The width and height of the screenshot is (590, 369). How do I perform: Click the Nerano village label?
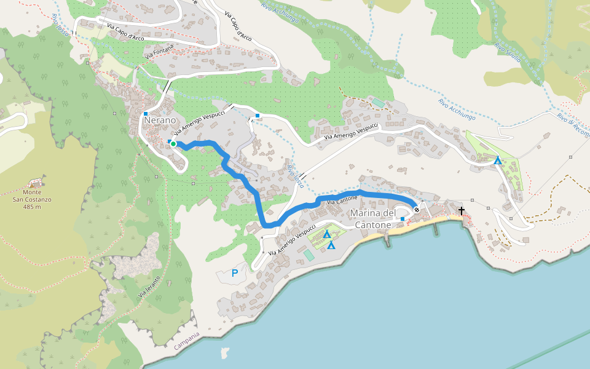tap(160, 121)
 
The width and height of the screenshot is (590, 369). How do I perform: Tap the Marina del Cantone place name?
tap(373, 219)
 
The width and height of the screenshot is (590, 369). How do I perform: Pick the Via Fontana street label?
tap(160, 51)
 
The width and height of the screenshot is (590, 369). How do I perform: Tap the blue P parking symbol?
tap(234, 273)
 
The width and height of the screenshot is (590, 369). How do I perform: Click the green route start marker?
tap(173, 144)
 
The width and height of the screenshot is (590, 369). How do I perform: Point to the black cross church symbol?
tap(461, 211)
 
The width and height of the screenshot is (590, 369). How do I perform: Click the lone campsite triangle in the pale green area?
tap(498, 161)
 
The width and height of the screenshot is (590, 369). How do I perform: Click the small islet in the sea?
tap(224, 353)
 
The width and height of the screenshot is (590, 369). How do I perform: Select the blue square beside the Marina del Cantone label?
tap(403, 219)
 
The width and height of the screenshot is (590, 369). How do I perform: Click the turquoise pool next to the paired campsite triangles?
tap(308, 254)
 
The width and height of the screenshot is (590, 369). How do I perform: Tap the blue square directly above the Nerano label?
tap(145, 114)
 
